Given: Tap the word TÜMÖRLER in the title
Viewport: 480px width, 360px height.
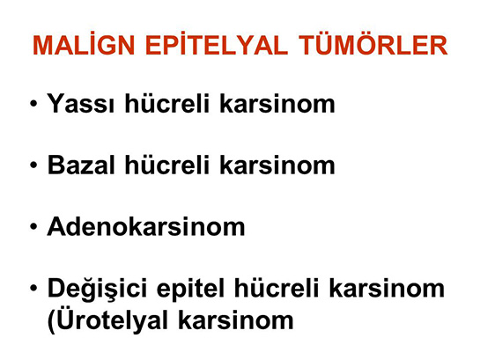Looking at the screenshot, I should pos(370,47).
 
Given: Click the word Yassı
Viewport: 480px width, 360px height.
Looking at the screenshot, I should pos(77,107).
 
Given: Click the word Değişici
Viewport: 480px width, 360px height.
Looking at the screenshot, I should pos(98,289).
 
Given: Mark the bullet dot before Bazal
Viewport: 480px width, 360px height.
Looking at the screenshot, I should pos(33,167).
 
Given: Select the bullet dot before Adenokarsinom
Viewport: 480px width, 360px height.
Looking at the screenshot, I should pos(33,228).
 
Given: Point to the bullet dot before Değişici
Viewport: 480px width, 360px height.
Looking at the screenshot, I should pos(33,288).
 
